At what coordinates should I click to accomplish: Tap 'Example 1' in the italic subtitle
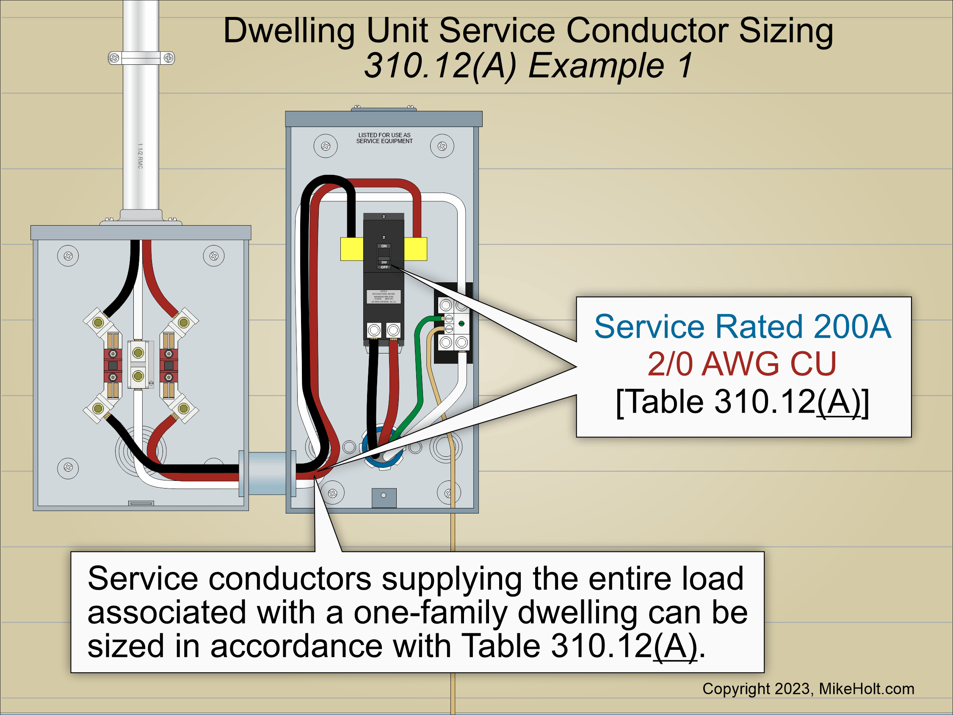(610, 66)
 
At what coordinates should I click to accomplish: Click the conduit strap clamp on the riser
(141, 58)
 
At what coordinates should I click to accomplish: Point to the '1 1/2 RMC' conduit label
(140, 156)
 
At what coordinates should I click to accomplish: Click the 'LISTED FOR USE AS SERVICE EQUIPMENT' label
(384, 138)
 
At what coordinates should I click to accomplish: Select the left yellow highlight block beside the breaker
(351, 249)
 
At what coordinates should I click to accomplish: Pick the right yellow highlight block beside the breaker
(415, 249)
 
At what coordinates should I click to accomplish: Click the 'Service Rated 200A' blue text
(742, 326)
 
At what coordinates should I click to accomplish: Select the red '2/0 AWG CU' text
(742, 364)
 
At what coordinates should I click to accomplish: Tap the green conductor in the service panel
(417, 366)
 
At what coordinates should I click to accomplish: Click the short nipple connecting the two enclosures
(267, 473)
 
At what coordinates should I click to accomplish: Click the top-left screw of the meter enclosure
(68, 256)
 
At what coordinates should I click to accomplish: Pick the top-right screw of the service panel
(442, 146)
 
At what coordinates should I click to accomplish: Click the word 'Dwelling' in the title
(289, 31)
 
